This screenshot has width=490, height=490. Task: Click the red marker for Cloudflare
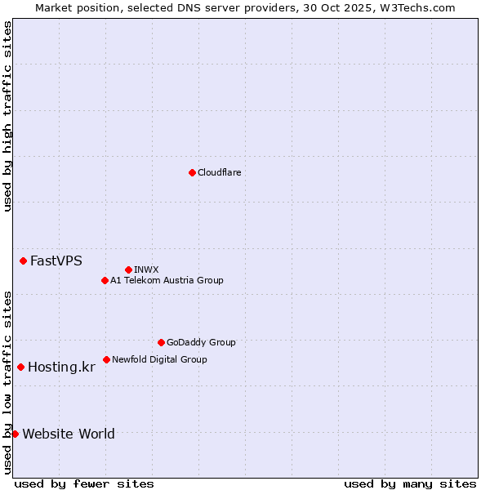pos(192,172)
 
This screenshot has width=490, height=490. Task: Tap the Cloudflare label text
pos(220,172)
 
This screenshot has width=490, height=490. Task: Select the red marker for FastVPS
pos(24,261)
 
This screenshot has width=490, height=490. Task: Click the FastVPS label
pos(56,261)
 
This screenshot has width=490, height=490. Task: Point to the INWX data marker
pos(128,269)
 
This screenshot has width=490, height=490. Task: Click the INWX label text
pos(146,269)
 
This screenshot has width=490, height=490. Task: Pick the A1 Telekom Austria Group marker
pos(105,280)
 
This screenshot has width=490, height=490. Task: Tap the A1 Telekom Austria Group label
pos(167,280)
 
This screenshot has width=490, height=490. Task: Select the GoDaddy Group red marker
pos(161,342)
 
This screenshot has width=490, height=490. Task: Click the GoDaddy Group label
pos(201,342)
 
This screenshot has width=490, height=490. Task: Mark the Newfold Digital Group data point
pos(106,359)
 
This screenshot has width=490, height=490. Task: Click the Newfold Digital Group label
pos(159,359)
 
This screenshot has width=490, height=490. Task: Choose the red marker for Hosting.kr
pos(20,367)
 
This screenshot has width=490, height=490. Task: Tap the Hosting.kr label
pos(61,367)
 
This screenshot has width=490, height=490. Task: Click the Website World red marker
pos(16,434)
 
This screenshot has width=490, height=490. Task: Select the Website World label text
pos(69,434)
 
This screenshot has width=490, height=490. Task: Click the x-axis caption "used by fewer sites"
pos(84,483)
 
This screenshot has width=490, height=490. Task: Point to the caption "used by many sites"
pos(410,483)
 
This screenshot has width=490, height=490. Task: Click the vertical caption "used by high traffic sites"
pos(7,116)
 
